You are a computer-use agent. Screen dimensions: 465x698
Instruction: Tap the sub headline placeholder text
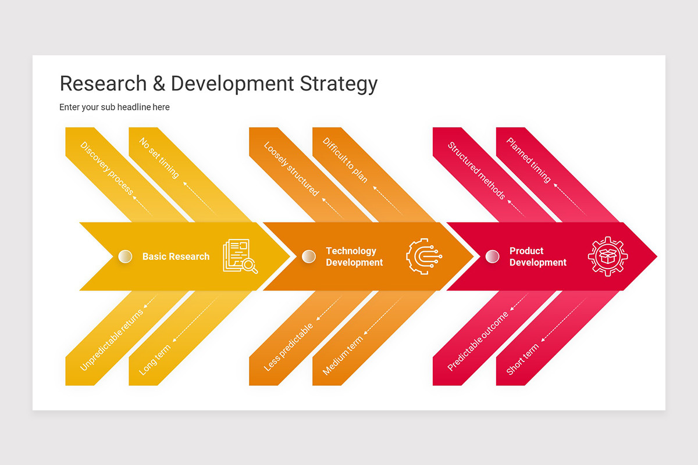115,107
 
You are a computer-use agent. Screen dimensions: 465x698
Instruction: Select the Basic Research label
176,256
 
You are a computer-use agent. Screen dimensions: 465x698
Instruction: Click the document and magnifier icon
240,256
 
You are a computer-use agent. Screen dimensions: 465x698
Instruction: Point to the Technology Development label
354,256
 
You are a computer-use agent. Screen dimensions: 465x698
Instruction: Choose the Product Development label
537,256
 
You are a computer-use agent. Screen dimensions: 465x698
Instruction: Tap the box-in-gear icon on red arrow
608,256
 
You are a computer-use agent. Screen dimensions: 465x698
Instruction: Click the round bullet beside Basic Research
125,256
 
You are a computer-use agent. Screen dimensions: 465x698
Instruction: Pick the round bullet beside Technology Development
309,256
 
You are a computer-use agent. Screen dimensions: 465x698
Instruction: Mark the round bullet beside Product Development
492,256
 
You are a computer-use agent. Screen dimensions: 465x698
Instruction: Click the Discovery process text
107,169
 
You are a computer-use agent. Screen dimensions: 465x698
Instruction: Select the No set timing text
159,158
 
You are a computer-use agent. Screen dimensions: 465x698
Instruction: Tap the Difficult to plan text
346,160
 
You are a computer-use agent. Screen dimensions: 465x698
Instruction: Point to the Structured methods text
476,171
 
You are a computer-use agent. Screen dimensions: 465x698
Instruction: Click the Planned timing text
528,160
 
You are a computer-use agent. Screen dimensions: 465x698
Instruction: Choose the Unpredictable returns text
112,340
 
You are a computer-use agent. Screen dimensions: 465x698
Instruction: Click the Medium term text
343,355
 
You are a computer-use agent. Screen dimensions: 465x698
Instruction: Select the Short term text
522,359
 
